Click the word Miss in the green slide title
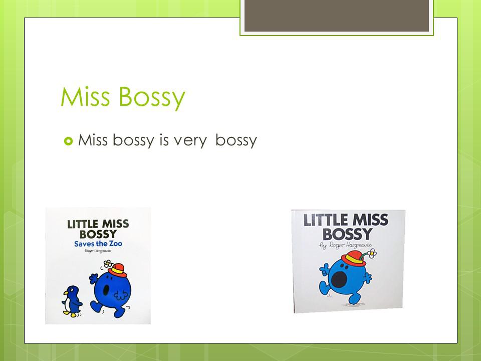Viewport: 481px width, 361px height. (85, 96)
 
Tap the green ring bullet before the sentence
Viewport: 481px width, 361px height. (68, 141)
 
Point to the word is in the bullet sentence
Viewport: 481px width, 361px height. (164, 140)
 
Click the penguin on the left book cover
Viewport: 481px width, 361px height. (72, 301)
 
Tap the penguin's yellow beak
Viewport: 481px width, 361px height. (65, 293)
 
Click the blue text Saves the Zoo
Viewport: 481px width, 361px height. (98, 244)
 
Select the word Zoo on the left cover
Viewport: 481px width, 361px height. (115, 244)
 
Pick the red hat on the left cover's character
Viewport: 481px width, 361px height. (117, 270)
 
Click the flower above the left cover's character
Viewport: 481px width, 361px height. (107, 263)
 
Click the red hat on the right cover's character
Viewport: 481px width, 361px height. (354, 259)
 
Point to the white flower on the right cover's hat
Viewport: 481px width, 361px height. (372, 253)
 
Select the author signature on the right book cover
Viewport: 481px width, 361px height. (345, 245)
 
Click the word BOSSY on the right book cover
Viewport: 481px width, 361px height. (347, 234)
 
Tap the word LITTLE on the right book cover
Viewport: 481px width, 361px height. (326, 220)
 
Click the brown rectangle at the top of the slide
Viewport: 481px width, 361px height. (337, 16)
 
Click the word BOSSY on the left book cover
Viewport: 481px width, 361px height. (98, 234)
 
